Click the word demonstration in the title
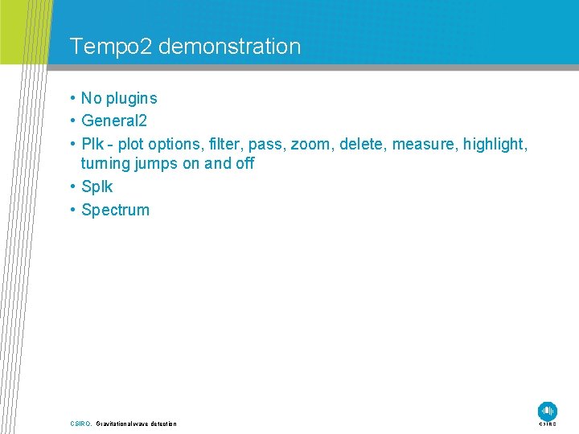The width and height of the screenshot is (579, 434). pos(230,47)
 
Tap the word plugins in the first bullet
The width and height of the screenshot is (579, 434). pos(131,99)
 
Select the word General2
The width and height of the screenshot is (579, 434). pos(114,121)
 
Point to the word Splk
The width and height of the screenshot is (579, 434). pos(97,186)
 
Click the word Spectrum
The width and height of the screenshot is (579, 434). pos(116,210)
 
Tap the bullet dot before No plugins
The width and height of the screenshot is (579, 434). pos(72,99)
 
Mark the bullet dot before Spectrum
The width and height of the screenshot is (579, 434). pos(72,210)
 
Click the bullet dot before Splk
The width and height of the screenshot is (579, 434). pos(72,186)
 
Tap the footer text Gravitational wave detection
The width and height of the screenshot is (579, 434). pos(137,424)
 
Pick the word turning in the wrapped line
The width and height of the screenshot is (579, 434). pos(107,163)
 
